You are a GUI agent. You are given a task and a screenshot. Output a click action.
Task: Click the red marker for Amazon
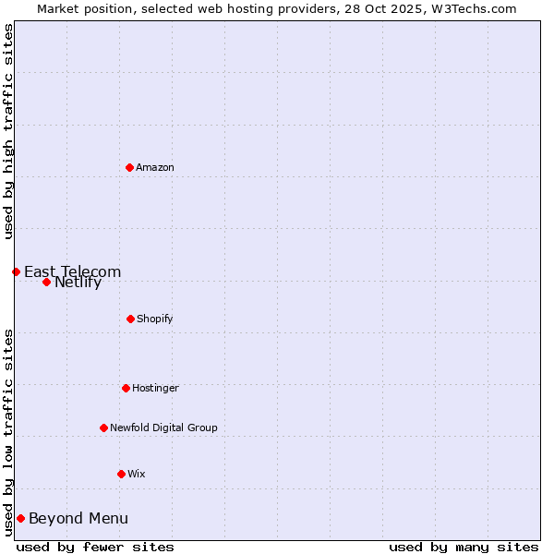coord(129,167)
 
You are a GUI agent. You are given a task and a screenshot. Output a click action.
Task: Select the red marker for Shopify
coord(130,319)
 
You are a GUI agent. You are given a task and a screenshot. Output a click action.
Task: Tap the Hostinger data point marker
coord(126,388)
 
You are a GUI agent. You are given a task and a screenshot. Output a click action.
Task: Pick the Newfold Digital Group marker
coord(103,428)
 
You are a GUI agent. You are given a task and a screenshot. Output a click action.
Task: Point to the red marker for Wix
coord(121,474)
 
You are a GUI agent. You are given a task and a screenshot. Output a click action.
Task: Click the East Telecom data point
coord(16,271)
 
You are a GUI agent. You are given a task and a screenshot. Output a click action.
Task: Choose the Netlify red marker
coord(46,282)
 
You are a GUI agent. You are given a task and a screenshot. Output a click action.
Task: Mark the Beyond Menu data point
coord(20,518)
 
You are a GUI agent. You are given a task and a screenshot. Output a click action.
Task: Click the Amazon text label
coord(155,167)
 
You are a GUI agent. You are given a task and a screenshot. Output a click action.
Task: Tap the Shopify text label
coord(155,319)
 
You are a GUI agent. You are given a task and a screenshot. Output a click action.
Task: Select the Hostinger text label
coord(155,388)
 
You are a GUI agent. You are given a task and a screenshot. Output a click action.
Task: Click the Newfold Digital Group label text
coord(163,428)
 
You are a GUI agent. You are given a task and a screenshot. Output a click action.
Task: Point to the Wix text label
coord(137,474)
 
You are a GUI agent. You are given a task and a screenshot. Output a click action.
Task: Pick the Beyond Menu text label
coord(78,518)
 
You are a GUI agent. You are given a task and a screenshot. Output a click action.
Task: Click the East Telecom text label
coord(72,271)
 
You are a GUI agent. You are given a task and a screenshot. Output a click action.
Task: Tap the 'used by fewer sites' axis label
coord(95,547)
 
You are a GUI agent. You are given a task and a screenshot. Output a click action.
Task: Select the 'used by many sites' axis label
coord(464,547)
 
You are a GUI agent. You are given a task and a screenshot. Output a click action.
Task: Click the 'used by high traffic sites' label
coord(9,131)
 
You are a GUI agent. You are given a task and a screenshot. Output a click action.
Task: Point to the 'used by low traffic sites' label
coord(9,432)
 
